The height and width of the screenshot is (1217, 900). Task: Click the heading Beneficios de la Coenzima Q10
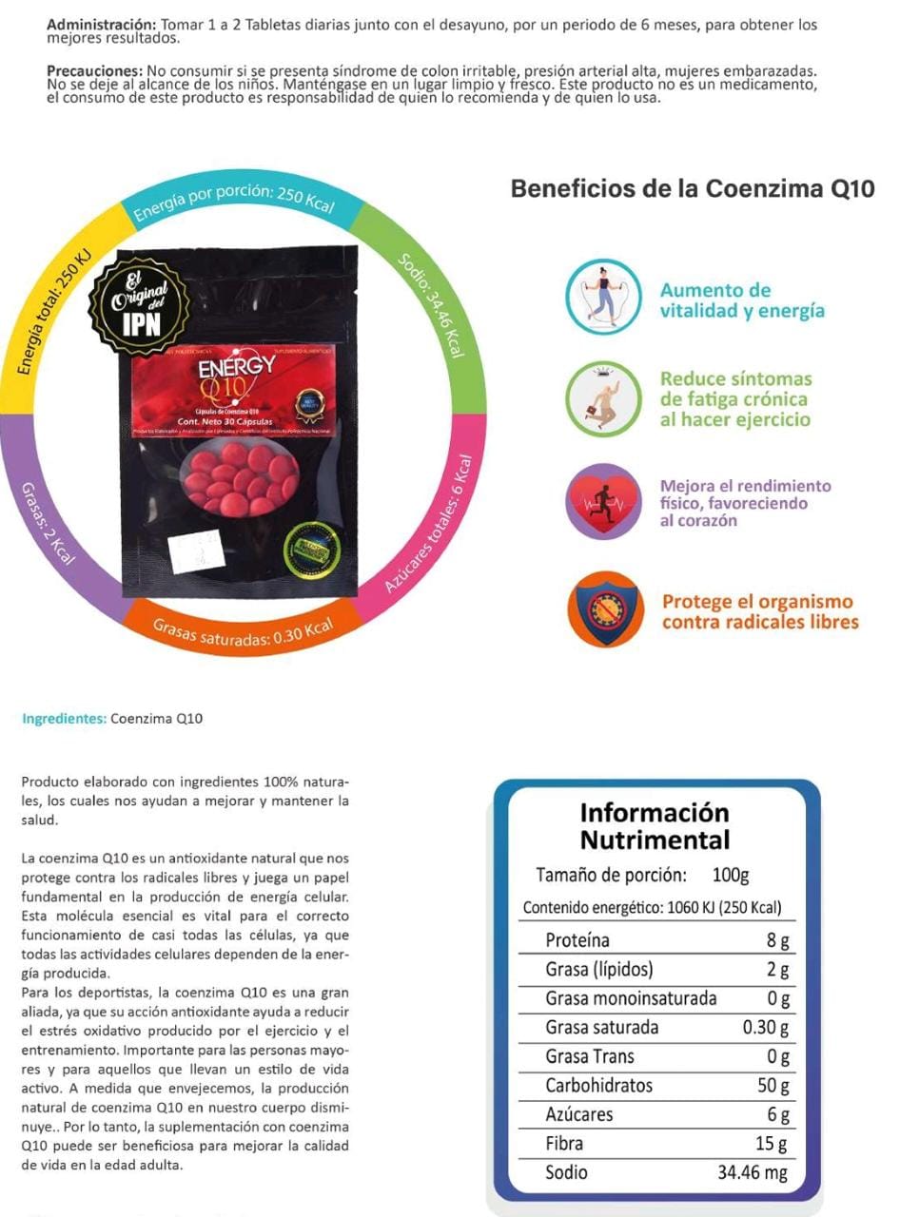pyautogui.click(x=692, y=188)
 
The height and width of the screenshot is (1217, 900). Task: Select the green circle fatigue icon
pyautogui.click(x=603, y=399)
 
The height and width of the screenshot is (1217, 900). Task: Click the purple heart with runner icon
pyautogui.click(x=603, y=502)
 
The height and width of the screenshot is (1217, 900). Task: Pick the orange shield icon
pyautogui.click(x=603, y=609)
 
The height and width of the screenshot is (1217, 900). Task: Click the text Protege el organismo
pyautogui.click(x=757, y=602)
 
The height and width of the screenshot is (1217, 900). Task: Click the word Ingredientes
pyautogui.click(x=63, y=719)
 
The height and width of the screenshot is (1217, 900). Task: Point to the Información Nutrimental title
pyautogui.click(x=655, y=826)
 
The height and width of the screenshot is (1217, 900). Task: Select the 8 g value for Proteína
pyautogui.click(x=778, y=941)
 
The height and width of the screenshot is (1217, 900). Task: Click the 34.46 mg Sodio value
pyautogui.click(x=752, y=1172)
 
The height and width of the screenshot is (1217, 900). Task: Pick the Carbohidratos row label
pyautogui.click(x=599, y=1086)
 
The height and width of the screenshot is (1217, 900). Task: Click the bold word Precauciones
pyautogui.click(x=93, y=72)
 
